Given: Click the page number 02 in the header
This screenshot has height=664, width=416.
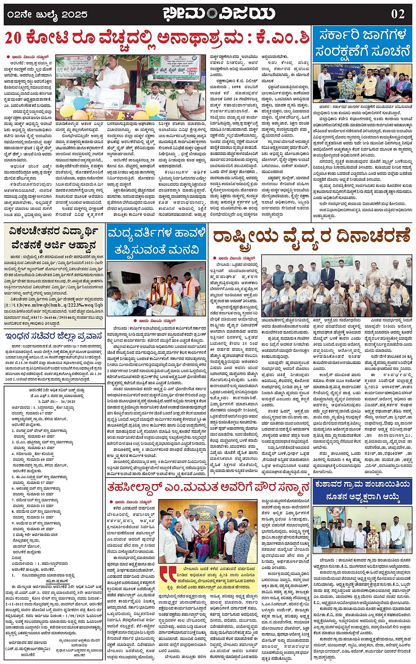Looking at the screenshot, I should point(398,14).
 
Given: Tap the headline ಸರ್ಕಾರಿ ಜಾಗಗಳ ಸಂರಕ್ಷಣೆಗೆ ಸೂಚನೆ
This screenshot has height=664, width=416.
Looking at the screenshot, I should point(362,44).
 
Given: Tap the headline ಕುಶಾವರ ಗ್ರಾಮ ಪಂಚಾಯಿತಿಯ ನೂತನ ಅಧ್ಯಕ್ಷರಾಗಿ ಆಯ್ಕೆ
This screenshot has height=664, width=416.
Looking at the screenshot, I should point(362,491).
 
